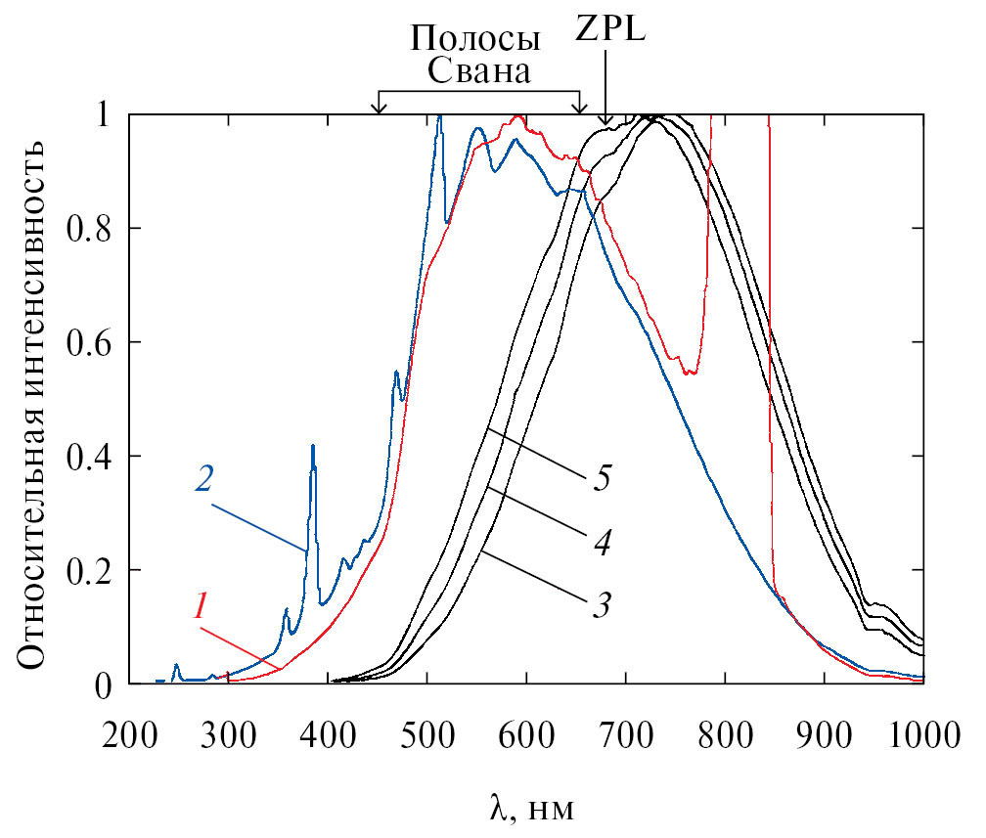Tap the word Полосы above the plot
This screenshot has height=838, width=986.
pos(475,39)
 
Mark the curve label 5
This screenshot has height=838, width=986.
pos(603,480)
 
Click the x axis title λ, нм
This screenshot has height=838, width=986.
pos(529,810)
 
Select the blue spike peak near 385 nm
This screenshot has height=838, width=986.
pos(313,446)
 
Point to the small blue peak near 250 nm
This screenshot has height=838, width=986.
pos(176,666)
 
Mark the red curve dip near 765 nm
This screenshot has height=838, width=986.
pos(691,374)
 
